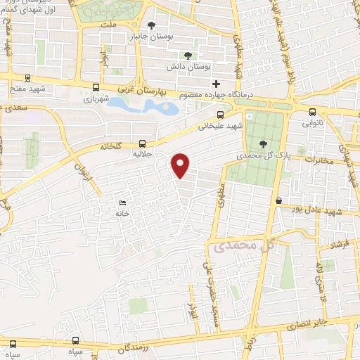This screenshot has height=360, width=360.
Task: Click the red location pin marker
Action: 181,165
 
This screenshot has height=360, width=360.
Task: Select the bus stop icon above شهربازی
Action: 96,87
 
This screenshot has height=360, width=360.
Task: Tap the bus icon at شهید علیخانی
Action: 221,114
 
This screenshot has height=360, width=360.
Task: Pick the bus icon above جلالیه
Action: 143,143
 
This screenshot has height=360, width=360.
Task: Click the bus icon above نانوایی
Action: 312,111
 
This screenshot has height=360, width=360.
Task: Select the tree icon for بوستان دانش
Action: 187,55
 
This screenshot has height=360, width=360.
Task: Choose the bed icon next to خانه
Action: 124,203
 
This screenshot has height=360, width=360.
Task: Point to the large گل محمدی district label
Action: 241,245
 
